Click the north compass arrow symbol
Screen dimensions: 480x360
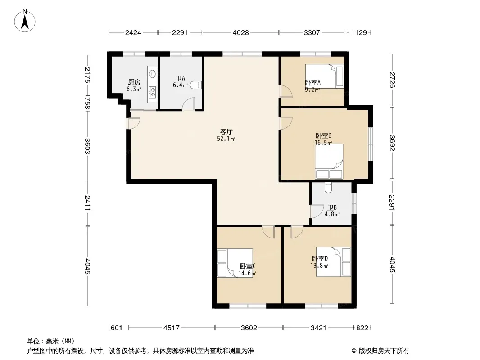tap(25, 21)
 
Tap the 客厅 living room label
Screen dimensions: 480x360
tap(226, 131)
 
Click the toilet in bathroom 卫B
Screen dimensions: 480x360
tap(328, 188)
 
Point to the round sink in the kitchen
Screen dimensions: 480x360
tap(152, 74)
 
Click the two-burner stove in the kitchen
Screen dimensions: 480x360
tap(152, 91)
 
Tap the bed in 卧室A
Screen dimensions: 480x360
tap(325, 76)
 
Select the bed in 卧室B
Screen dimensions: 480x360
tap(329, 161)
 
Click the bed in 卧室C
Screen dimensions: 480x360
tap(235, 263)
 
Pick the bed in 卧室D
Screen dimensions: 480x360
tap(333, 262)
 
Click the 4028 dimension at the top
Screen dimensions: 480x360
tap(240, 32)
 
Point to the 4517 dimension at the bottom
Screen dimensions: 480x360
tap(172, 328)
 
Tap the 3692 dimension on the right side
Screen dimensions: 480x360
tap(392, 143)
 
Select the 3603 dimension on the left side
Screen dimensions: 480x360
tap(87, 146)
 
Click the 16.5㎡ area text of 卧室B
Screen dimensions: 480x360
tap(324, 143)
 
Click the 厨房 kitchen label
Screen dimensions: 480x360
tap(134, 82)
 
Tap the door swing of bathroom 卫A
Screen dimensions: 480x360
tap(188, 103)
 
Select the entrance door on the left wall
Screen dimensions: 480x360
tap(133, 123)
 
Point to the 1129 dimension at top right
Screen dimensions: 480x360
tap(359, 32)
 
